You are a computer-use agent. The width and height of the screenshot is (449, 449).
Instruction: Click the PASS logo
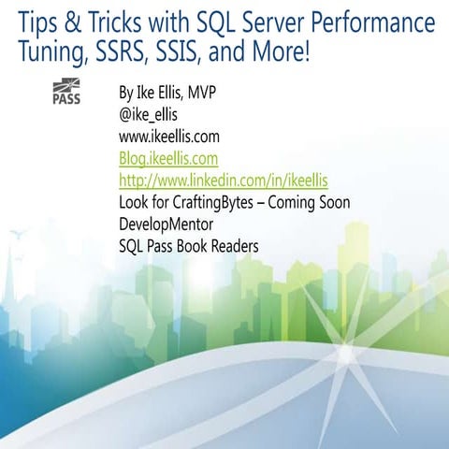click(x=66, y=93)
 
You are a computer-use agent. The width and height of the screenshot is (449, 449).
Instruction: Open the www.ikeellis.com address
click(x=174, y=138)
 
